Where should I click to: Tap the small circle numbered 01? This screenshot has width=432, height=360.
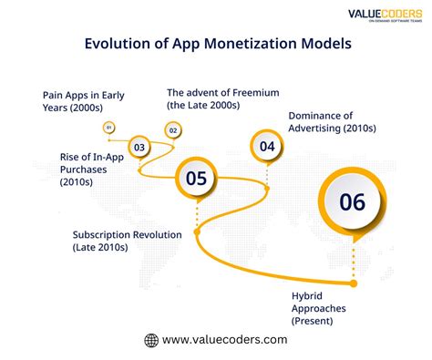click(110, 129)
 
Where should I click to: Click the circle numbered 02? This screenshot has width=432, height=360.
click(172, 130)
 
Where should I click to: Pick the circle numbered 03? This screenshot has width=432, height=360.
click(139, 146)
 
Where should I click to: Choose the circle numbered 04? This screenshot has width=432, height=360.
click(267, 146)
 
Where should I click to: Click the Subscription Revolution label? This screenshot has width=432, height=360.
click(128, 241)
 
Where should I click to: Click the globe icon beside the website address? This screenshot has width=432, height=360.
click(151, 340)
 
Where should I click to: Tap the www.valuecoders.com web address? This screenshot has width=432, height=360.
click(225, 340)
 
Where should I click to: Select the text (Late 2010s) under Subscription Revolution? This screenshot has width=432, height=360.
click(101, 247)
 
